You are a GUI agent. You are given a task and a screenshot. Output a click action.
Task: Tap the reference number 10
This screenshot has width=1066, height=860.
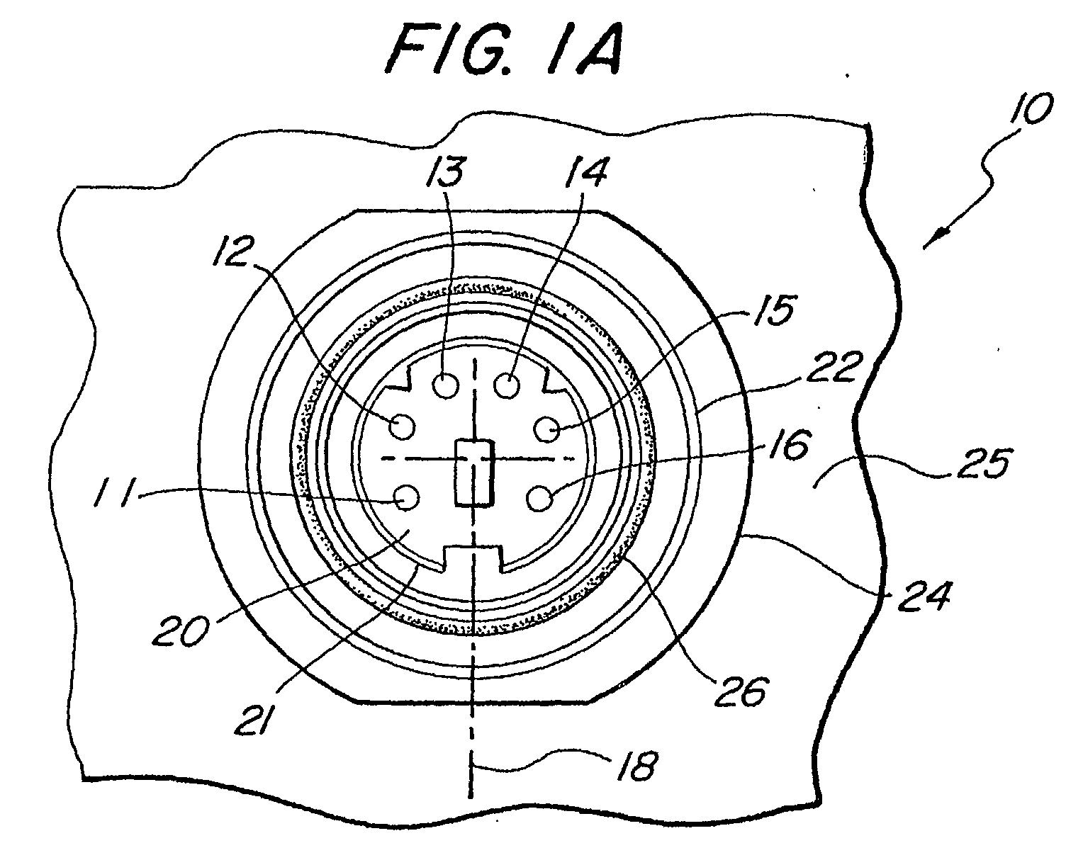(1030, 108)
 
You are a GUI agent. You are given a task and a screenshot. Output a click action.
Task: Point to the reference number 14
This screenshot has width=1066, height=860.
(585, 171)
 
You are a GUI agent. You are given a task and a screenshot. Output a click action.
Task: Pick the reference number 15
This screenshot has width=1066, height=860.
(775, 311)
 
